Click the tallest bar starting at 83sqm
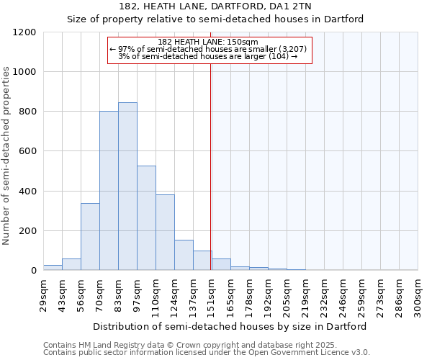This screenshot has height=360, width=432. pos(127,186)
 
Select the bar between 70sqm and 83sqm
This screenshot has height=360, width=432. pos(109,191)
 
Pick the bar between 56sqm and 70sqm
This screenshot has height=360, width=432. pos(90,237)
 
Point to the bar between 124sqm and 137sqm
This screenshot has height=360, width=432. pos(184,255)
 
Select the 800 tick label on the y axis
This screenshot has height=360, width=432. pos(28,112)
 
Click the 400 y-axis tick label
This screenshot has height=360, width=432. pos(28,192)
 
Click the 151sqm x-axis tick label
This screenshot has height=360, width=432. pos(212,292)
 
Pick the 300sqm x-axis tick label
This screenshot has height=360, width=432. pos(418,292)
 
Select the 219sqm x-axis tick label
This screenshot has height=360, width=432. pos(305,292)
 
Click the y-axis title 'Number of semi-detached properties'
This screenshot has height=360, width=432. pos(7,156)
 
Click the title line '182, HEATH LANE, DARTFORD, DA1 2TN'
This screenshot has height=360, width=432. pos(215,6)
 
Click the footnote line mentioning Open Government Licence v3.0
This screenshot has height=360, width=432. pos(207,353)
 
